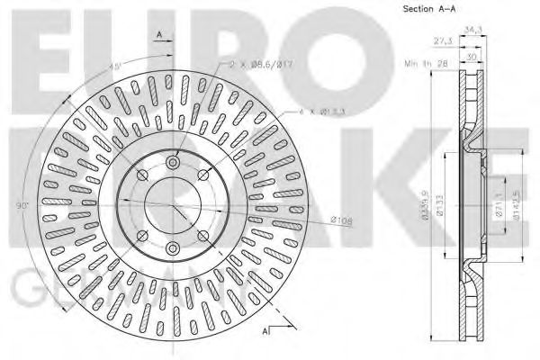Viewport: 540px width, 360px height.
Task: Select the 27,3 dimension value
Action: (x=441, y=40)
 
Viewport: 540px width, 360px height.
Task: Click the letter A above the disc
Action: (x=159, y=33)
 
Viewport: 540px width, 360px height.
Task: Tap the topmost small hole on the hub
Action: (x=173, y=162)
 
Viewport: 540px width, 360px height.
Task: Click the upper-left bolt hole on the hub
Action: (x=143, y=174)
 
